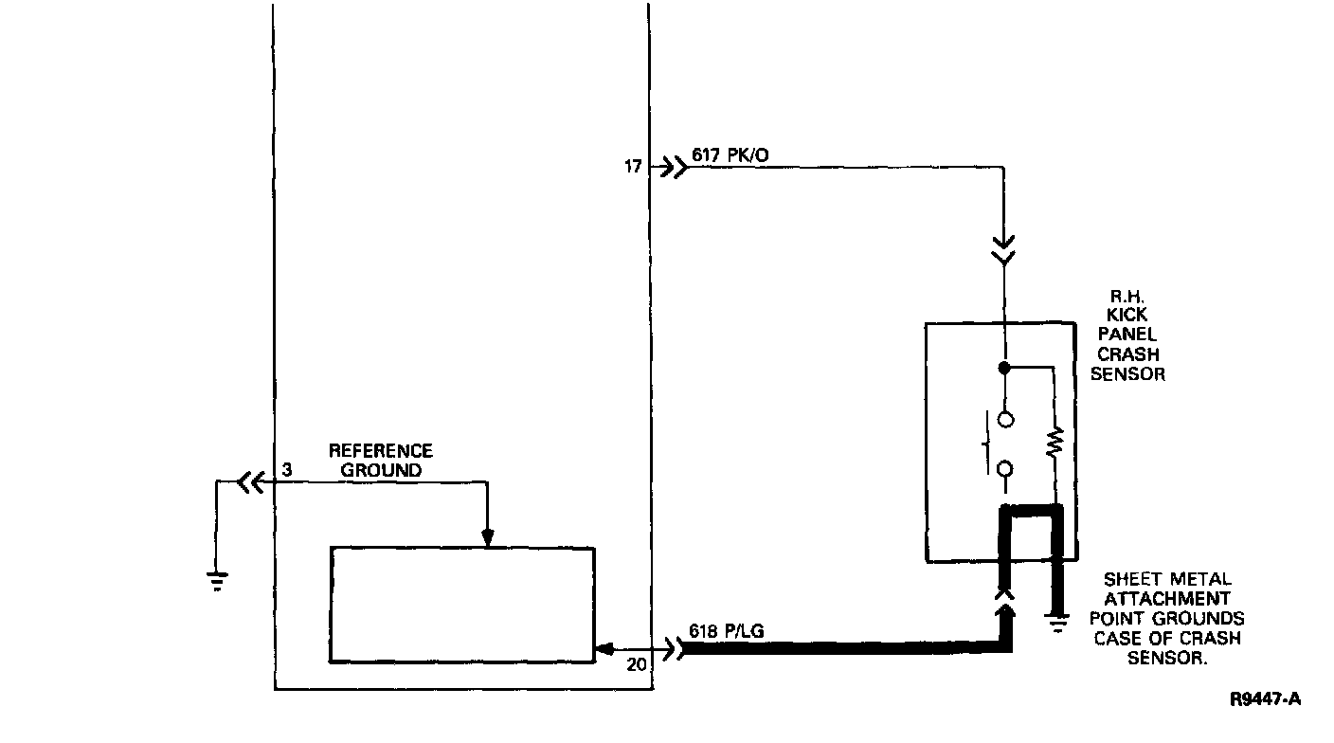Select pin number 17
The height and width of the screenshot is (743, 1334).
[x=633, y=168]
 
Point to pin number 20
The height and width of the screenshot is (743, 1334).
[x=638, y=665]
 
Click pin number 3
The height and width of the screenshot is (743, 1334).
[x=286, y=469]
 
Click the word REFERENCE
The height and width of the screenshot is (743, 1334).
[x=380, y=451]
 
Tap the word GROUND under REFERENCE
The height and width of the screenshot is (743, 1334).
[x=381, y=469]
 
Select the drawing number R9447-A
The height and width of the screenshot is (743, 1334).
[x=1266, y=700]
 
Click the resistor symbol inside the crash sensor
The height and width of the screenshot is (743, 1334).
[x=1055, y=443]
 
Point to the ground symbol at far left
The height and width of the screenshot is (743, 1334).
[x=218, y=580]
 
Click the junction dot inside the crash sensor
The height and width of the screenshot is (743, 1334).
[x=1004, y=367]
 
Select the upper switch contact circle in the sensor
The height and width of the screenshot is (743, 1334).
[x=1004, y=417]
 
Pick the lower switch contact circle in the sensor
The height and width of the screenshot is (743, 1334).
[x=1004, y=467]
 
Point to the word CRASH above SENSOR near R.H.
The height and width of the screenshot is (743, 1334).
[x=1127, y=355]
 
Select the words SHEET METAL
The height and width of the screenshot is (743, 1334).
[x=1167, y=579]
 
